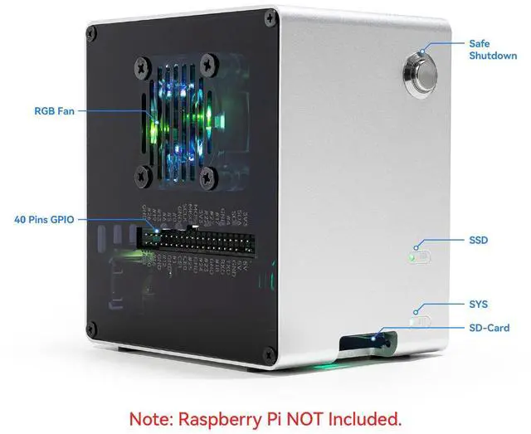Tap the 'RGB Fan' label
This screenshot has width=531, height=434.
point(55,110)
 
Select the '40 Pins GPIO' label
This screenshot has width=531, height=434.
point(44,220)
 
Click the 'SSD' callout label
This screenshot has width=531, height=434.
point(479,240)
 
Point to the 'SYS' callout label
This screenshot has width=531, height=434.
point(478,305)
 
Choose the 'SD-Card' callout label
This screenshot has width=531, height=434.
point(489,328)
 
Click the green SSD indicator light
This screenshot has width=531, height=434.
point(412,257)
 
